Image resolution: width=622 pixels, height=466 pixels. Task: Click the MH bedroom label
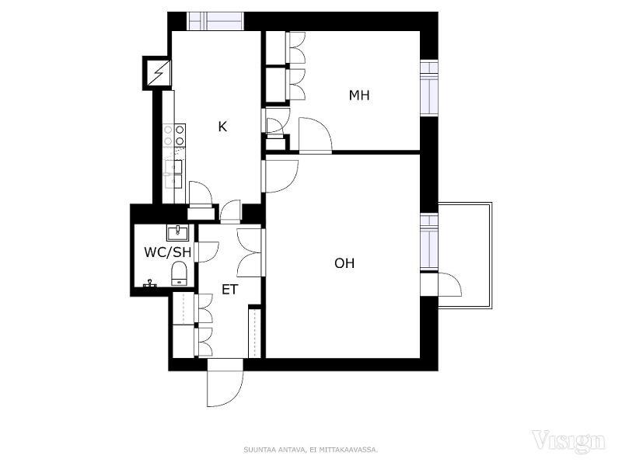tap(359, 96)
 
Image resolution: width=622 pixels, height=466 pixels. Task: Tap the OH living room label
tap(344, 263)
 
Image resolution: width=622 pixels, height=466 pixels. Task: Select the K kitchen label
tap(222, 127)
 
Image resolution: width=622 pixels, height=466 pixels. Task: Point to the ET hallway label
tap(229, 290)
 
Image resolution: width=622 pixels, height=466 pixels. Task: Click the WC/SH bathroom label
tap(167, 252)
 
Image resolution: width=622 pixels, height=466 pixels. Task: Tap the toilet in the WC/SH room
tap(179, 273)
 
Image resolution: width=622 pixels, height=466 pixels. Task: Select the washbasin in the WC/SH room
tap(177, 232)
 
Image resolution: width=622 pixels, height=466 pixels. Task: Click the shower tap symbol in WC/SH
tap(149, 283)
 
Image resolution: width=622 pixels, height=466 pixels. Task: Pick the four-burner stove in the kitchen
tap(174, 134)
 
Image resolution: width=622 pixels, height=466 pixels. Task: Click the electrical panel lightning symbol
tap(159, 73)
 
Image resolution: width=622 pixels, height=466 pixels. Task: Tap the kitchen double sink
tap(173, 174)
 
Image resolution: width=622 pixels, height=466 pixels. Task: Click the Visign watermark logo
tap(568, 441)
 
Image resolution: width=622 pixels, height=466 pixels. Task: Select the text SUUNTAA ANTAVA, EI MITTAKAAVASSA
tap(310, 450)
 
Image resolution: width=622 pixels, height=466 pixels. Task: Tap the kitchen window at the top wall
tap(215, 22)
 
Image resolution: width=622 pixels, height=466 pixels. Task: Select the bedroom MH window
tap(429, 88)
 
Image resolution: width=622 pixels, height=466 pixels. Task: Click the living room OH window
tap(429, 242)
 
